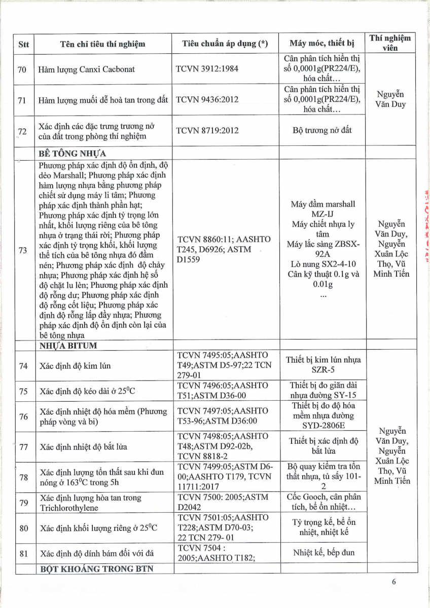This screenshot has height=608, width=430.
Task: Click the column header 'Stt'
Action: click(x=24, y=44)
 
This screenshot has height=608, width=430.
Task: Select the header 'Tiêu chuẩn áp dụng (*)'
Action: click(x=225, y=44)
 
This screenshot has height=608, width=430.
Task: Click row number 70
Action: click(x=22, y=69)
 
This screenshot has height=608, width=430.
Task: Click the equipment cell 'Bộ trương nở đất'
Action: click(x=321, y=130)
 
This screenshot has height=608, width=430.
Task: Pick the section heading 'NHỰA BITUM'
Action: click(x=68, y=346)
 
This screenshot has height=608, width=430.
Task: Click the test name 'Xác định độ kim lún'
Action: click(x=75, y=366)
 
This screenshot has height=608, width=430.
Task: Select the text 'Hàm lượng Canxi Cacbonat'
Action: click(x=87, y=69)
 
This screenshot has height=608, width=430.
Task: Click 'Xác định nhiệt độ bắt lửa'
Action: click(x=83, y=447)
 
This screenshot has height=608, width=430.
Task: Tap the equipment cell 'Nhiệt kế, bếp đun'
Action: click(x=324, y=552)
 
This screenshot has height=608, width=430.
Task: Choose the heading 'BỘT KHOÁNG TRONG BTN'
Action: click(x=96, y=568)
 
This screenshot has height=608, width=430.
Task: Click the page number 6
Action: click(x=393, y=582)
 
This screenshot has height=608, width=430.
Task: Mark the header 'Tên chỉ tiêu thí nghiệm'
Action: click(x=102, y=44)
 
